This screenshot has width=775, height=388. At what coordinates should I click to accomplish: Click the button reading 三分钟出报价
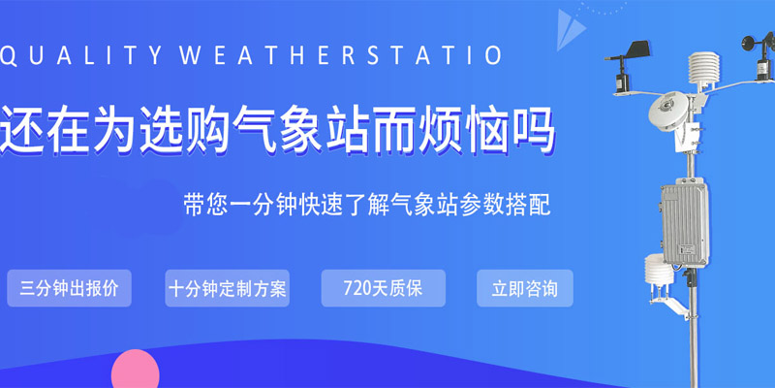(x=69, y=289)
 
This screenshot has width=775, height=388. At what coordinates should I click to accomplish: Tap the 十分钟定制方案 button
(x=227, y=289)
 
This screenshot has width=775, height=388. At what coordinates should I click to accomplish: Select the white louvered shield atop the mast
(x=700, y=71)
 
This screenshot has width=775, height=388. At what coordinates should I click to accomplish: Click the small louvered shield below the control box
(x=658, y=272)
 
